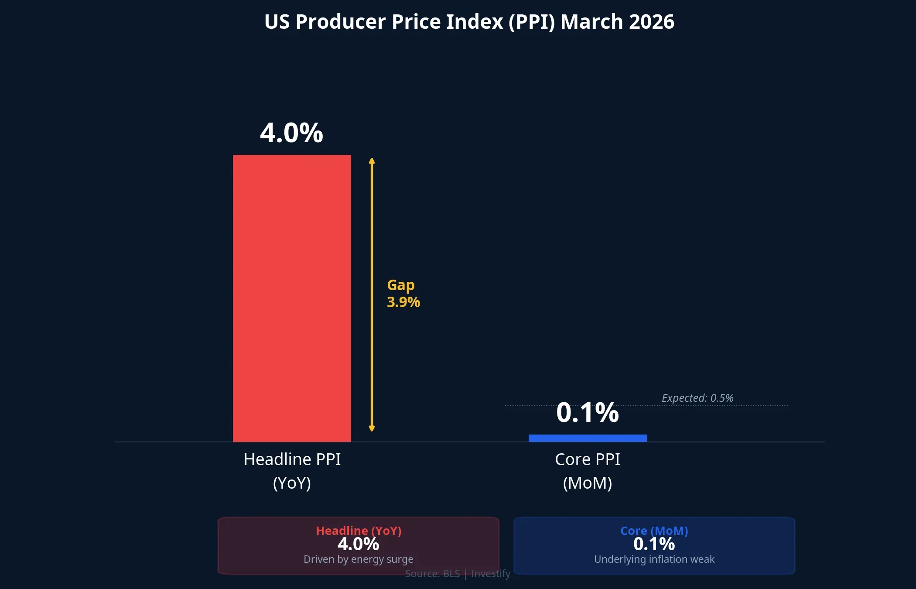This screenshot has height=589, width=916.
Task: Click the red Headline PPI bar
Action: coord(292,298)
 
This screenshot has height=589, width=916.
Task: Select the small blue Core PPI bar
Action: coord(588,438)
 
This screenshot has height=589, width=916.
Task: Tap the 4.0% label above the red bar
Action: coord(291,133)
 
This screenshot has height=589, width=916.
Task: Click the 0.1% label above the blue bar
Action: coord(587,413)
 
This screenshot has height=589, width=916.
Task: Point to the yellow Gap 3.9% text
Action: coord(403,294)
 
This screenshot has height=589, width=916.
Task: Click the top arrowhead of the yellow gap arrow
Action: coord(372,161)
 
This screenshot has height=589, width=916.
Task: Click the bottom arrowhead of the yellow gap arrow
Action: coord(372,428)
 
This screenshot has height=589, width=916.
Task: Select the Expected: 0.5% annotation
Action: coord(697,398)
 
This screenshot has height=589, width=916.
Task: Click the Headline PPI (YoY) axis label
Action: coord(292,471)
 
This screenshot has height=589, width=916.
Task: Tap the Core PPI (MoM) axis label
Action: coord(587,471)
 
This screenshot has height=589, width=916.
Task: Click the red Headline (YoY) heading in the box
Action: coord(359,531)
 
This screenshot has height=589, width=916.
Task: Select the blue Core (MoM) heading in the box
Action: coord(654,531)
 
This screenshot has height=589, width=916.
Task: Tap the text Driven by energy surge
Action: coord(358,559)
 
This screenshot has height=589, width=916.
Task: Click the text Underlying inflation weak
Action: coord(654,559)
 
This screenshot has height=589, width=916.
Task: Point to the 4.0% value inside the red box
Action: coord(358,544)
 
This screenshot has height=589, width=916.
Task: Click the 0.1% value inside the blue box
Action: coord(654,544)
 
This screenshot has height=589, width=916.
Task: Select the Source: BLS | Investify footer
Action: coord(457,574)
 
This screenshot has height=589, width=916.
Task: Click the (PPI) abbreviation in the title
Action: coord(532,22)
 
